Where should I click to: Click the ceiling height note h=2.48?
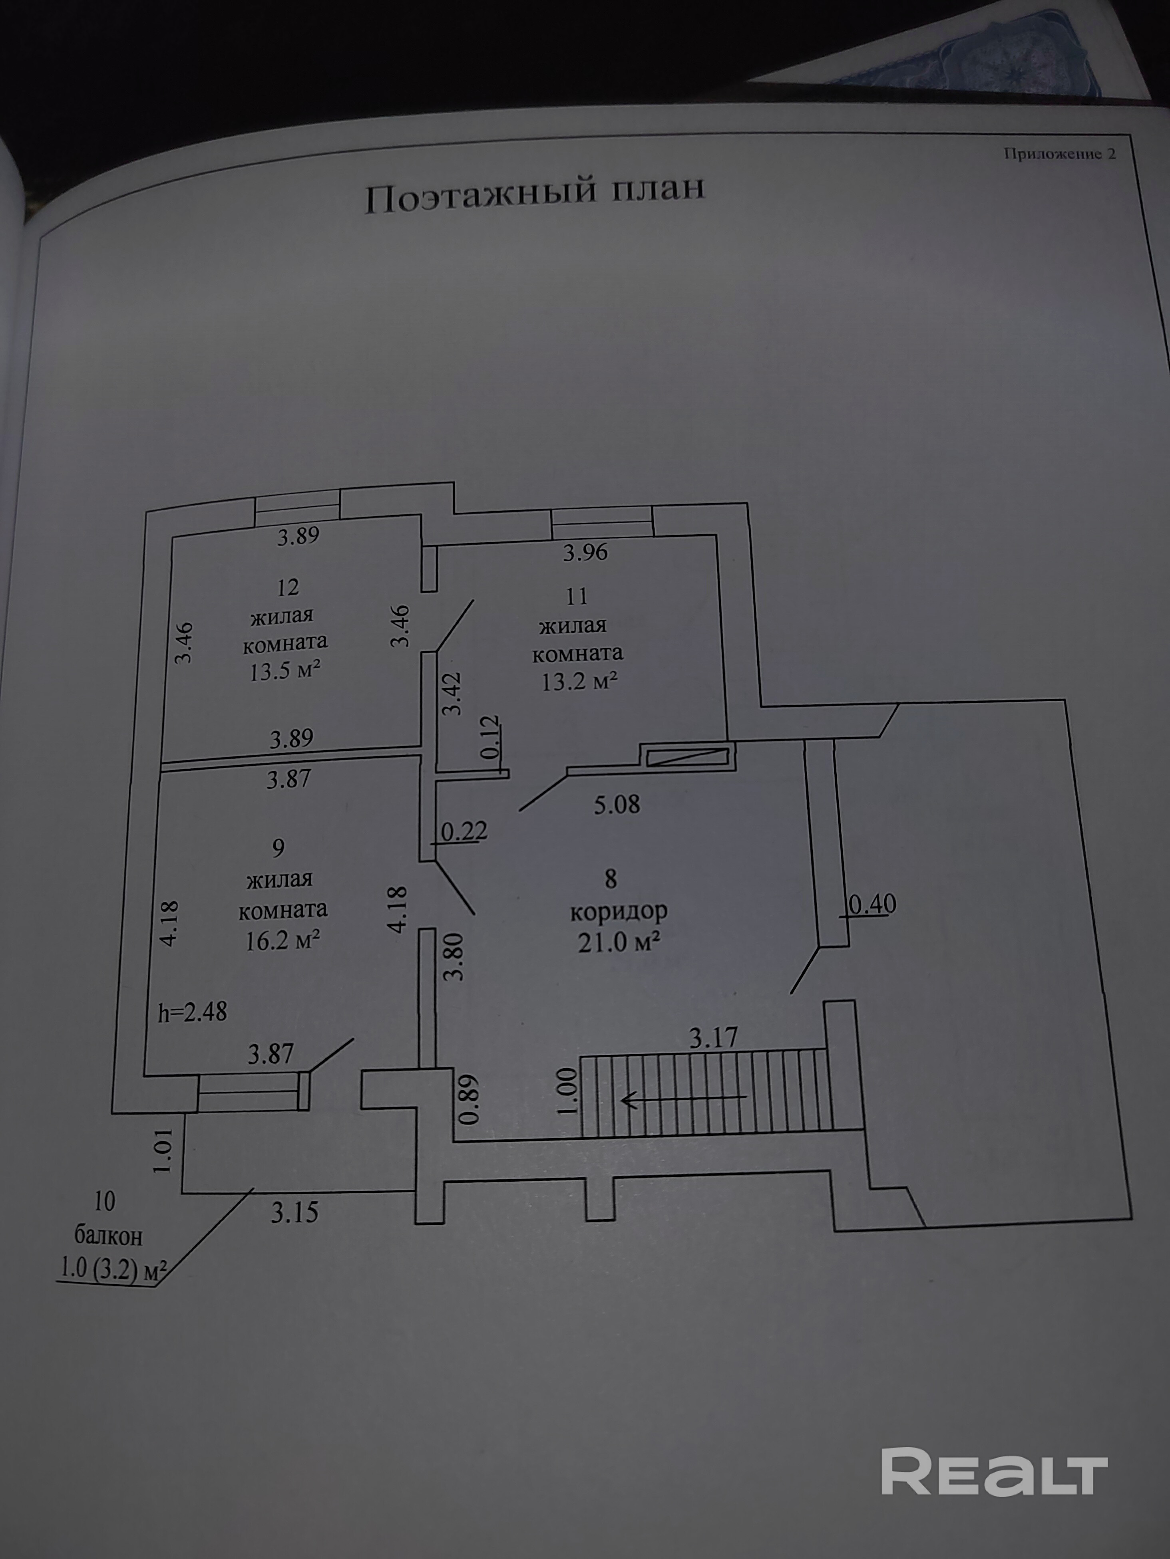[x=193, y=1012]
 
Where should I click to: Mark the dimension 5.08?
[x=617, y=804]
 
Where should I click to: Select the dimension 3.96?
[x=585, y=552]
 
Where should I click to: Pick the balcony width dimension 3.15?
[x=295, y=1213]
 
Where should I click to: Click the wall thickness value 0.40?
[x=872, y=904]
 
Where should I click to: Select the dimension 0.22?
[x=464, y=832]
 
